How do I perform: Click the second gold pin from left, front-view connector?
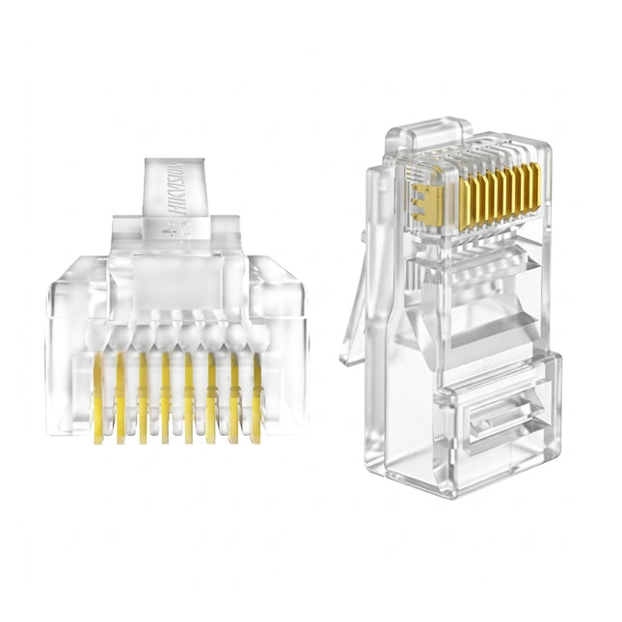(120, 395)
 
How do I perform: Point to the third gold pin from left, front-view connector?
(143, 395)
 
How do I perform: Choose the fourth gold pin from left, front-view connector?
(166, 395)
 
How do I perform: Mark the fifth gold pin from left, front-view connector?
(189, 395)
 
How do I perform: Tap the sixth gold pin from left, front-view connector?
(211, 395)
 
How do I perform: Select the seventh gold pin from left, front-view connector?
(234, 395)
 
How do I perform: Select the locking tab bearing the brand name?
(176, 193)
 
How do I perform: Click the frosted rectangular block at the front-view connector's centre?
(176, 280)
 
